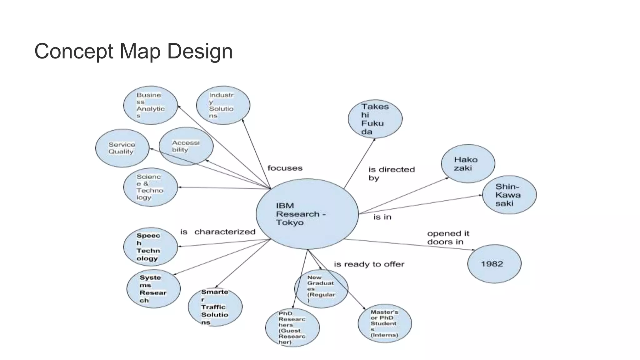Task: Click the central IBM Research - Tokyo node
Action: coord(307,214)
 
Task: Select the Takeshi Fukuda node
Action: coord(375,119)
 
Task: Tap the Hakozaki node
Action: coord(468,163)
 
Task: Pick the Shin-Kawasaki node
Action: coord(509,195)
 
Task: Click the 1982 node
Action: coord(494,264)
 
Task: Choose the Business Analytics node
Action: coord(150,105)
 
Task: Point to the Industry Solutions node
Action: coord(223,105)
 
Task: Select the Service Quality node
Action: coord(122,148)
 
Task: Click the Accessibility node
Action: coord(186,146)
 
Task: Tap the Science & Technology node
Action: coord(150,187)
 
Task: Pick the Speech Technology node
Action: coord(150,247)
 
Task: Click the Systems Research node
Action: coord(153,289)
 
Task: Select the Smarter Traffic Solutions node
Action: coord(215,307)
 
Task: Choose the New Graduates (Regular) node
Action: coord(321,289)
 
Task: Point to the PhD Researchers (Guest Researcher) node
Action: coord(292,327)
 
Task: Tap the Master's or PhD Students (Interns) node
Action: coord(385,323)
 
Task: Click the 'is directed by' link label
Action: coord(391,174)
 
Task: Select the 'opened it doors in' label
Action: coord(448,237)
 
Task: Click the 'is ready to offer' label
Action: coord(369,264)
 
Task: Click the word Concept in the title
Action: coord(74,51)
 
